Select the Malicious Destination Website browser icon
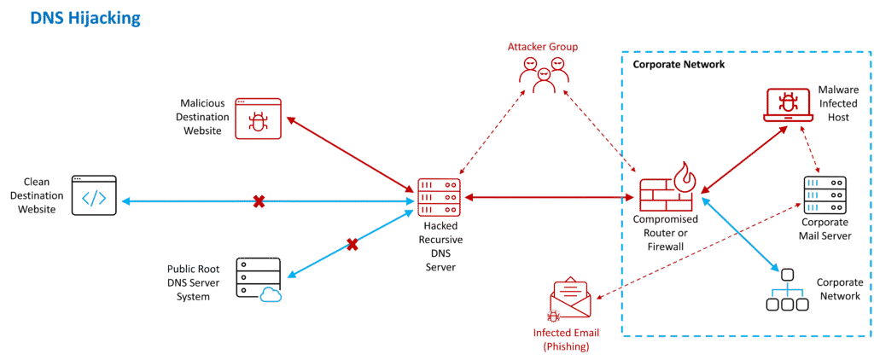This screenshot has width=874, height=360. pos(257,118)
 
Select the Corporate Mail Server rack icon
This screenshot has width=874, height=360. pos(823,197)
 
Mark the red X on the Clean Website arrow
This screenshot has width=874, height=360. pos(259,202)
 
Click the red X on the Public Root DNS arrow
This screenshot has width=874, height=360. pos(352,245)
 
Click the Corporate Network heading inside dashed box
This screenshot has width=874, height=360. pos(679,65)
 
